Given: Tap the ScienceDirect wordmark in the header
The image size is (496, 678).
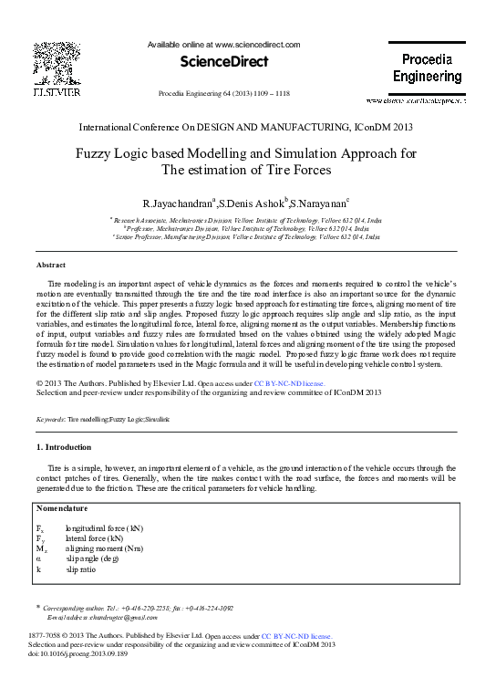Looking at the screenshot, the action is [225, 61].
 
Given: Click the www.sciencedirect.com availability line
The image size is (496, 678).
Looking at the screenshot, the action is [223, 44].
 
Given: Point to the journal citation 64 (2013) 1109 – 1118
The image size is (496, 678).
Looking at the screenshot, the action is [223, 93].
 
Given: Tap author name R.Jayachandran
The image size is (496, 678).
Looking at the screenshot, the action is [177, 202].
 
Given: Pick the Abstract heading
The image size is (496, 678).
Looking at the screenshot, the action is [50, 265].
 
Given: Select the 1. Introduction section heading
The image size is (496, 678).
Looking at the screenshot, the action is [63, 447].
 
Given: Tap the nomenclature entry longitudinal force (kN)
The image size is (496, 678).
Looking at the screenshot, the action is [104, 528].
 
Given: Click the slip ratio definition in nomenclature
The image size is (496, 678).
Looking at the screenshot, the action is [80, 568].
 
